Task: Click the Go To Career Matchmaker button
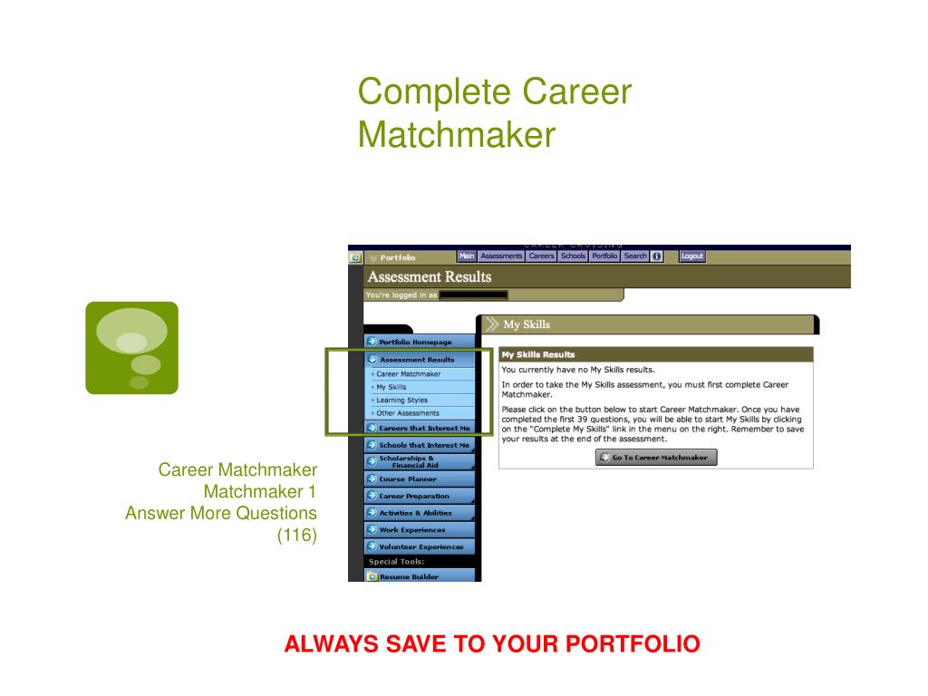click(656, 458)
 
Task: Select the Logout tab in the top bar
click(691, 256)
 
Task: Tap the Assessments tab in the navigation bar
click(501, 256)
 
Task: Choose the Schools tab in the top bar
click(573, 256)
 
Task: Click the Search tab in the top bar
click(635, 256)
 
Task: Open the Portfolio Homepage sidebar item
click(419, 342)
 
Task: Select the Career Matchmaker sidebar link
click(410, 373)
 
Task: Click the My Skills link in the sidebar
click(392, 387)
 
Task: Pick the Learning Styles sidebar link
click(402, 400)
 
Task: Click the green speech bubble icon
click(131, 348)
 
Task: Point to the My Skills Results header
click(538, 354)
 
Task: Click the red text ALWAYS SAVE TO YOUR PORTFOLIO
click(492, 644)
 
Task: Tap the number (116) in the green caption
click(297, 536)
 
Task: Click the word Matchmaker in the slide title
click(456, 135)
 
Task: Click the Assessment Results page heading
click(430, 277)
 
